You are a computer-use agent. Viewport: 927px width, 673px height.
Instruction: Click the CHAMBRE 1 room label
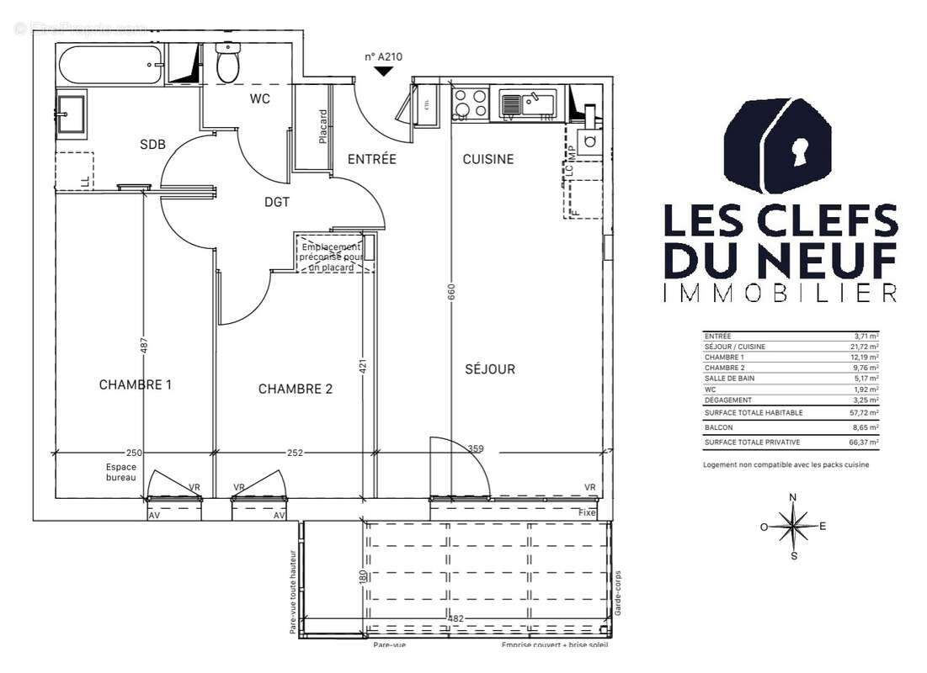tap(136, 385)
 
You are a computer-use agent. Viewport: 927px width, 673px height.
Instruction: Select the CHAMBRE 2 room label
tap(296, 389)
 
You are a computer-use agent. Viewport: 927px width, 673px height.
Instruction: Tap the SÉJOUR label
tap(489, 369)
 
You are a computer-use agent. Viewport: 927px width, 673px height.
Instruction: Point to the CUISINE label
tap(487, 159)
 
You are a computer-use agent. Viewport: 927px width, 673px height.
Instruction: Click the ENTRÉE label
tap(371, 159)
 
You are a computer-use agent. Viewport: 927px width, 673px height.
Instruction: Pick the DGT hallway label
tap(277, 202)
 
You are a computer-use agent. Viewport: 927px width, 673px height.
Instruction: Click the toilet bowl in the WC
tap(227, 64)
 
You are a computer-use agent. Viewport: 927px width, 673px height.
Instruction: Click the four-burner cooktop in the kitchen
tap(470, 103)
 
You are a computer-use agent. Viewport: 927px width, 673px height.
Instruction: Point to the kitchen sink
tap(528, 103)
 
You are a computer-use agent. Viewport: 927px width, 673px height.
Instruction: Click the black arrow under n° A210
tap(383, 72)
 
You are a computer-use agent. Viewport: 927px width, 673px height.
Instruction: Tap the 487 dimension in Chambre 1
tap(144, 345)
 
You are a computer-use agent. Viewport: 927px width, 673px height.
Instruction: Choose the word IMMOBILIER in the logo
tap(780, 293)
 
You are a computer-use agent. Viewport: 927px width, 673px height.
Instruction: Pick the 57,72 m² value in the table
tap(866, 413)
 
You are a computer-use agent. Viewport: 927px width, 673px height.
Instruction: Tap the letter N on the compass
tap(792, 497)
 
